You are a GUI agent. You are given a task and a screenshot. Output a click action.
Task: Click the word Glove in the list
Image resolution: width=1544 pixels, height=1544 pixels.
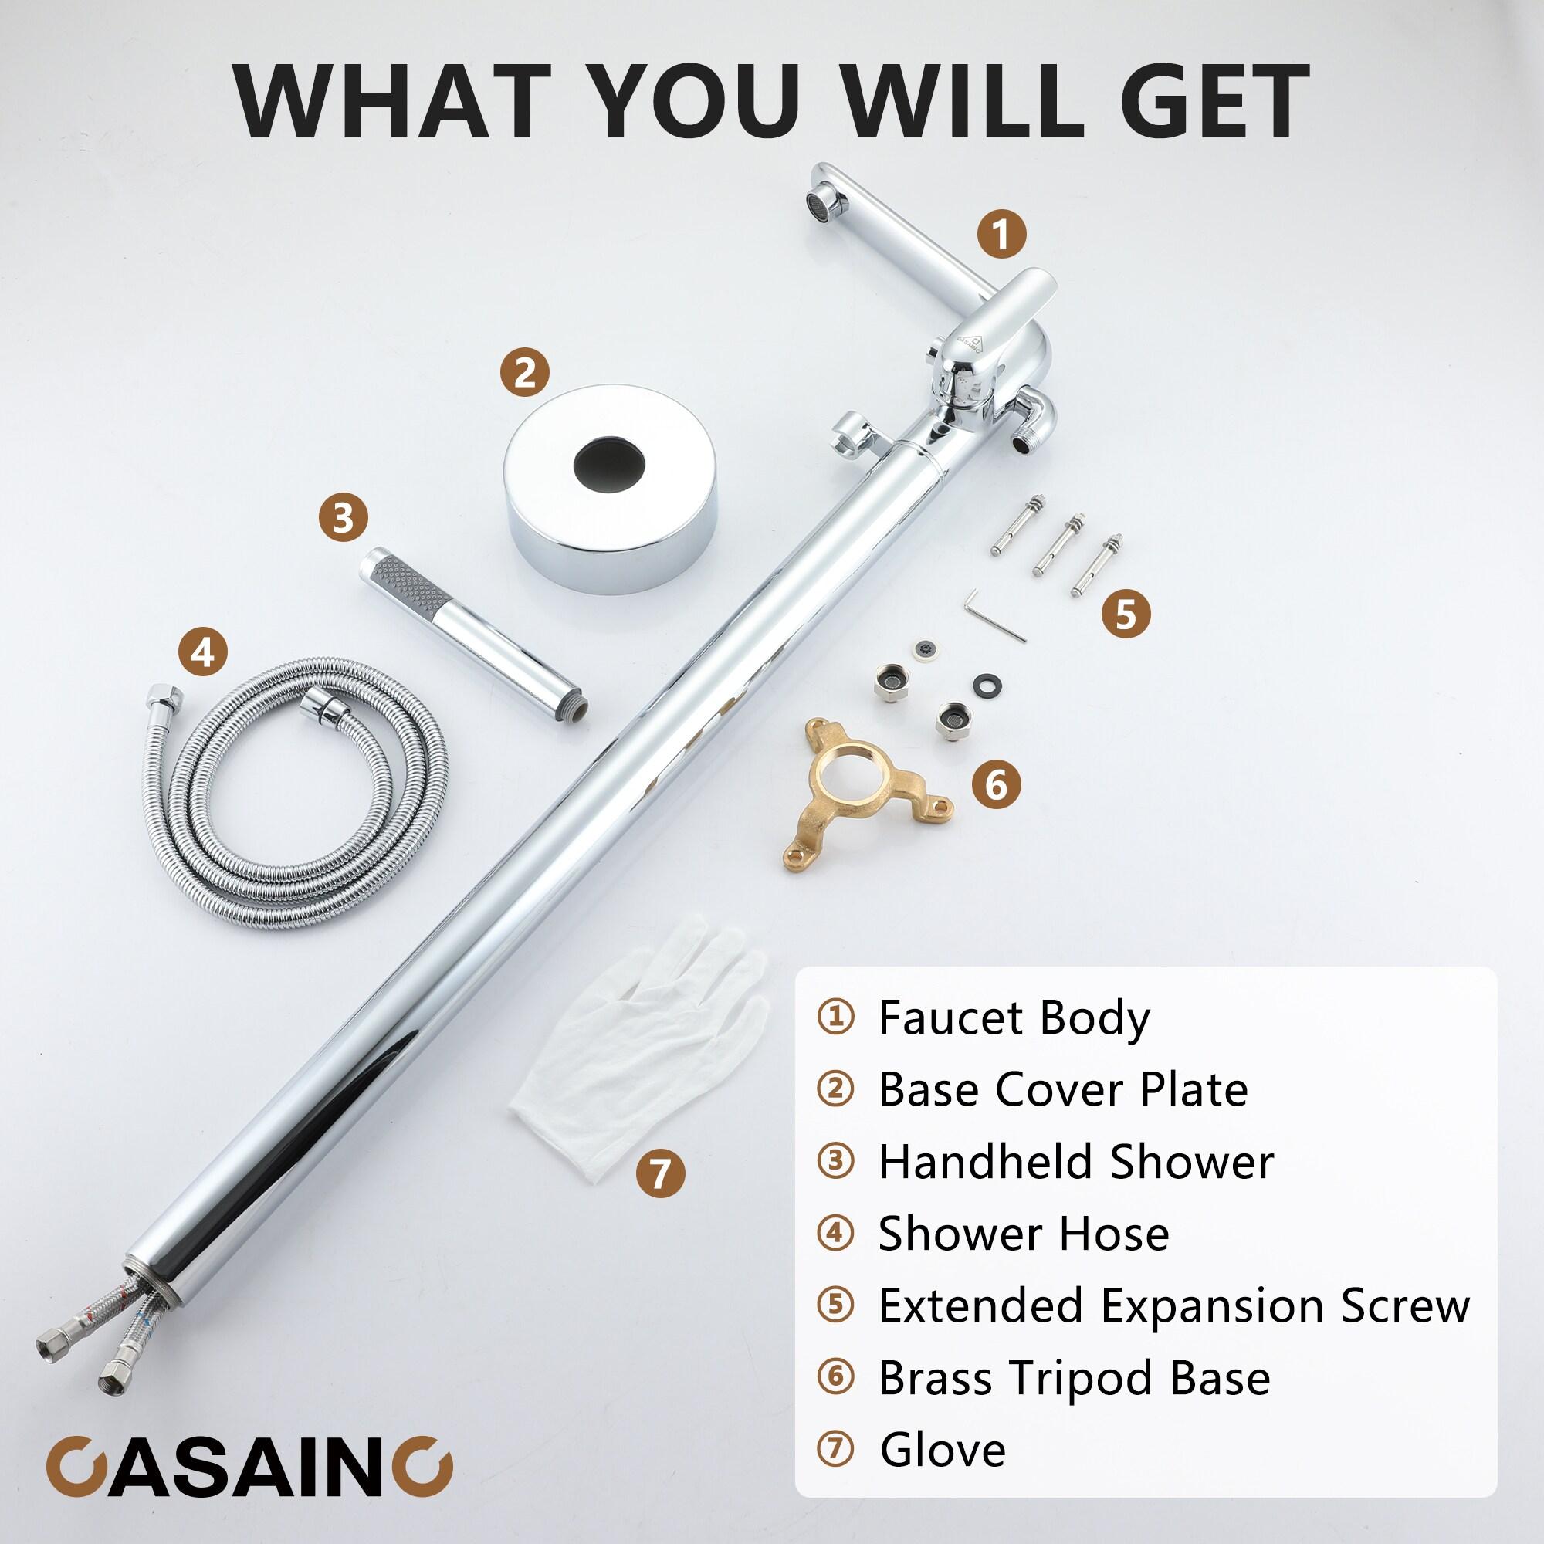click(943, 1449)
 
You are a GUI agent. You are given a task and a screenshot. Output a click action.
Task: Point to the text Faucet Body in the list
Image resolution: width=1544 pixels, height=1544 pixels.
click(1014, 1017)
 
